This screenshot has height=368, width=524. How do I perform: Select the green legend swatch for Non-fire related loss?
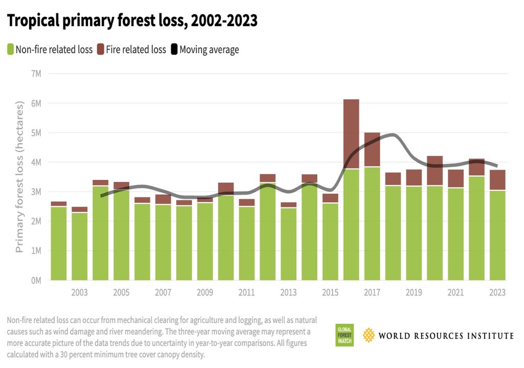pyautogui.click(x=10, y=50)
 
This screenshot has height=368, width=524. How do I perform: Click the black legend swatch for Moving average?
pyautogui.click(x=174, y=50)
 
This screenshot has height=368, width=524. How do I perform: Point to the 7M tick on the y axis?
pyautogui.click(x=37, y=74)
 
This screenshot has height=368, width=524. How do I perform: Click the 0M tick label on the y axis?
pyautogui.click(x=37, y=280)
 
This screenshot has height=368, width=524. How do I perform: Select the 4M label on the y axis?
pyautogui.click(x=37, y=162)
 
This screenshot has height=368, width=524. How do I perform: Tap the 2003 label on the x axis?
pyautogui.click(x=79, y=293)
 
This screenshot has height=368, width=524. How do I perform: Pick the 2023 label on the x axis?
pyautogui.click(x=497, y=293)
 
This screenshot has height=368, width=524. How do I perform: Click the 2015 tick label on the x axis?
pyautogui.click(x=330, y=293)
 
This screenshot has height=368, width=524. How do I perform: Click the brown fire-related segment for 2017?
pyautogui.click(x=372, y=149)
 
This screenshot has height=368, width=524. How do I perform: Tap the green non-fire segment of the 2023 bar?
pyautogui.click(x=497, y=235)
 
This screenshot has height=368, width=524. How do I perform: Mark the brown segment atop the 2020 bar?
pyautogui.click(x=434, y=171)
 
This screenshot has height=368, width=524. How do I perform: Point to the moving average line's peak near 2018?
pyautogui.click(x=392, y=135)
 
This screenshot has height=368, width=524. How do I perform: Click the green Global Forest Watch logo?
pyautogui.click(x=344, y=335)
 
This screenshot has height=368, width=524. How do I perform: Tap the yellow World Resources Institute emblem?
pyautogui.click(x=368, y=335)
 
